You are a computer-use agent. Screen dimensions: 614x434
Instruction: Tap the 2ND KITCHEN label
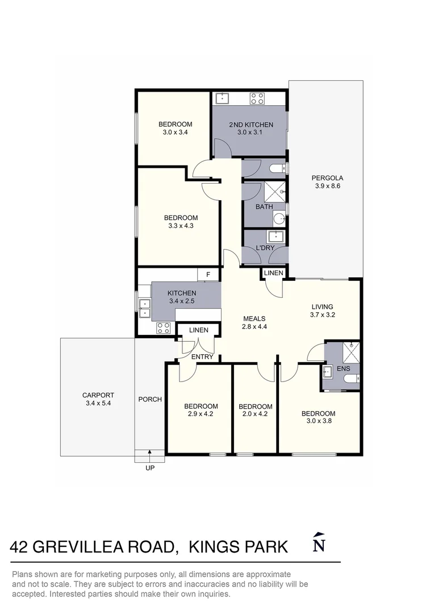pyautogui.click(x=251, y=125)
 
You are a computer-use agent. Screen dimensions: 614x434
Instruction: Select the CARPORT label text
pyautogui.click(x=98, y=395)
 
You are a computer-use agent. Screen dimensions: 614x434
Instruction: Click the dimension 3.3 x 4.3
pyautogui.click(x=181, y=226)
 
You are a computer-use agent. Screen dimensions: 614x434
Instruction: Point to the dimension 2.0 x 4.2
pyautogui.click(x=255, y=414)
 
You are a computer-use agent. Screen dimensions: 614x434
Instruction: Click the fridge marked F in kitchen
pyautogui.click(x=208, y=275)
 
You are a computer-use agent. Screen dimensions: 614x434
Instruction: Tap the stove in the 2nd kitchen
pyautogui.click(x=257, y=98)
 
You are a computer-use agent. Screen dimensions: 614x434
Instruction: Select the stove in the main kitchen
pyautogui.click(x=164, y=327)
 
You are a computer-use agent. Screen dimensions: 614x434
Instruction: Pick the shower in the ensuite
pyautogui.click(x=350, y=352)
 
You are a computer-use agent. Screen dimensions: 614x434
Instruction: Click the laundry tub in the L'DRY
pyautogui.click(x=276, y=237)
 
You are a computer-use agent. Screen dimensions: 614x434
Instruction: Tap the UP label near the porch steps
pyautogui.click(x=150, y=468)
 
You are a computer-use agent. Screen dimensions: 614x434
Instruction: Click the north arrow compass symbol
pyautogui.click(x=319, y=544)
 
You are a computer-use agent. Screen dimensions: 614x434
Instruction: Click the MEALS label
pyautogui.click(x=254, y=318)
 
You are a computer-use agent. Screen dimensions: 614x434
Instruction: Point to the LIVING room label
pyautogui.click(x=322, y=307)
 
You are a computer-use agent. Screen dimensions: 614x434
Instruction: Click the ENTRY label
pyautogui.click(x=202, y=357)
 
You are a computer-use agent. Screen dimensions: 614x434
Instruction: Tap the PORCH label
pyautogui.click(x=150, y=399)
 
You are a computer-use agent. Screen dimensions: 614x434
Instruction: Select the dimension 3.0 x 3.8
pyautogui.click(x=318, y=421)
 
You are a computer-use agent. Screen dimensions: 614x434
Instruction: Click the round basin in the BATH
pyautogui.click(x=279, y=218)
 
